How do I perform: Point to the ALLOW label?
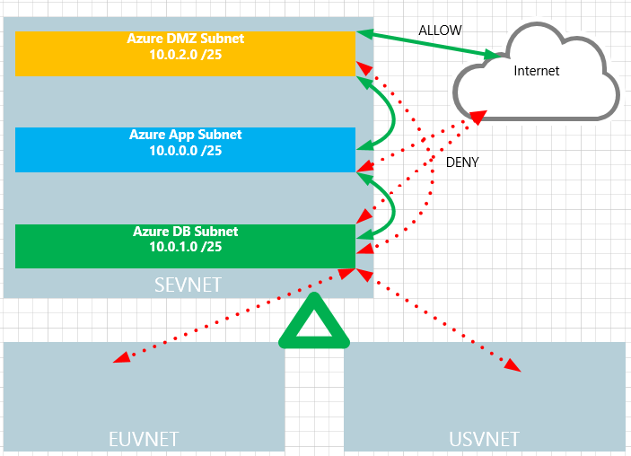point(440,31)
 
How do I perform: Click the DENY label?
point(462,162)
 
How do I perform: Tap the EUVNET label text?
point(144,439)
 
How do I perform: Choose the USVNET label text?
point(484,439)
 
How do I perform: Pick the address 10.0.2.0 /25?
point(186,54)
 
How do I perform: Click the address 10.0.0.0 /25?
point(186,151)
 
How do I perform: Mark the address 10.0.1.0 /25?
point(186,247)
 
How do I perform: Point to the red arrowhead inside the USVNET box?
point(513,365)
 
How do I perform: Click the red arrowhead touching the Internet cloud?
point(479,116)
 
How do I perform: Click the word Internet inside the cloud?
point(536,71)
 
